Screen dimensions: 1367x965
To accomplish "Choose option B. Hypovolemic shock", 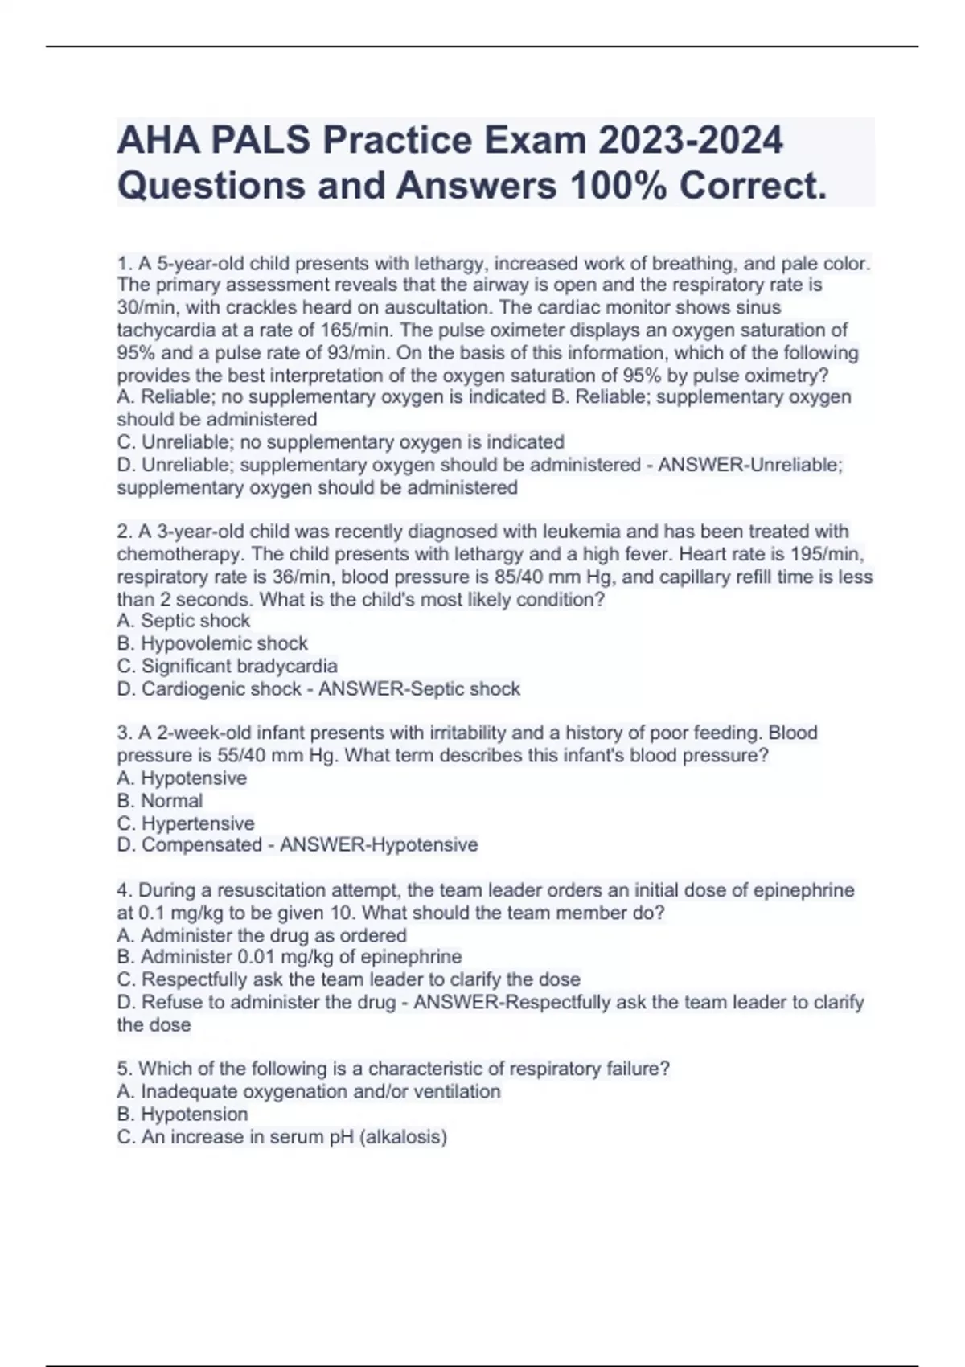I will tap(212, 643).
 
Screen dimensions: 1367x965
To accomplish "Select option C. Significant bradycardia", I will tap(227, 666).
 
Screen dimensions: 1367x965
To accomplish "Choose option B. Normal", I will tap(160, 800).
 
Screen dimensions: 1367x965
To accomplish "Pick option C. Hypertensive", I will tap(186, 823).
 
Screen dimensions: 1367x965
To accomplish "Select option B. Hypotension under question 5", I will tap(183, 1114).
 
